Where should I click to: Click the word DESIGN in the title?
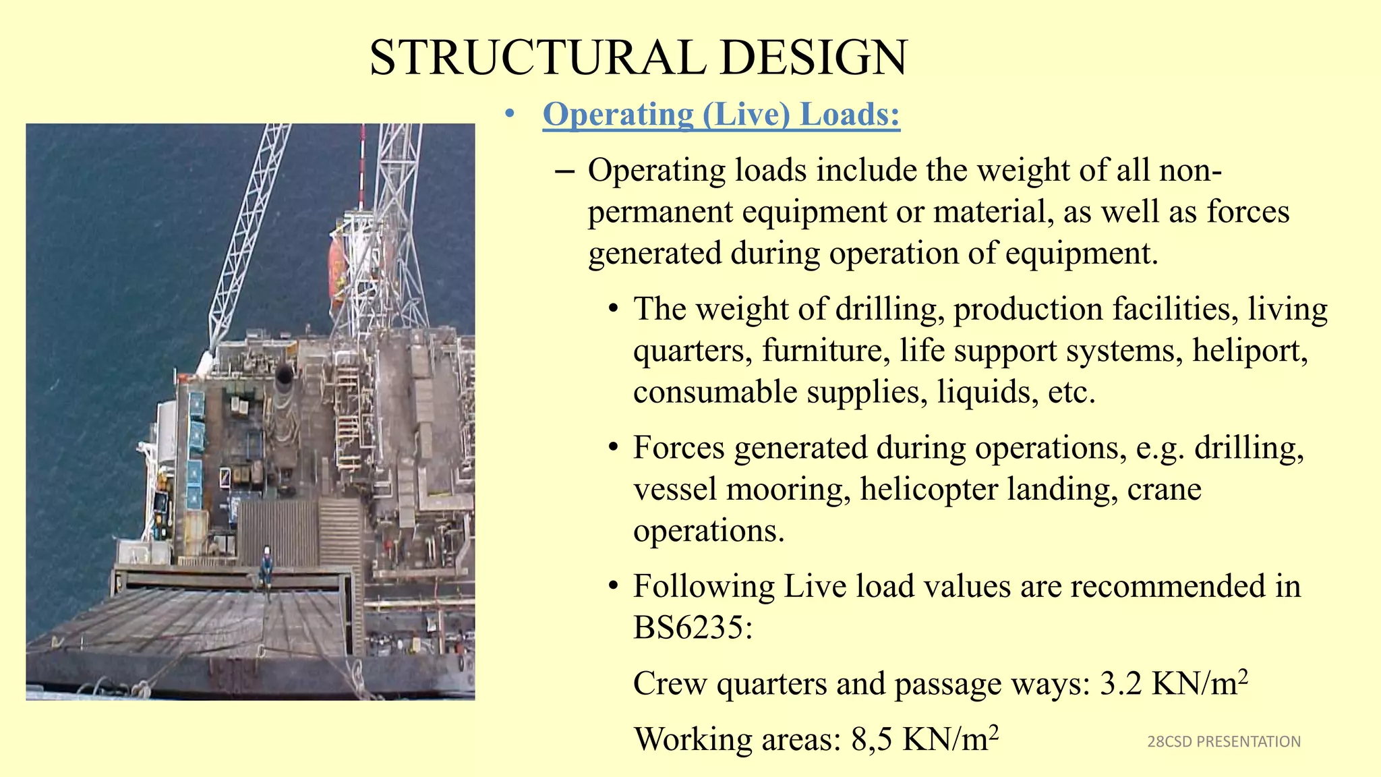[813, 58]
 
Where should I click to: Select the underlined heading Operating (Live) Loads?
[721, 114]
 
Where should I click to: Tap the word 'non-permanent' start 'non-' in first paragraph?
[1190, 171]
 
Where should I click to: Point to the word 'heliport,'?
[1250, 351]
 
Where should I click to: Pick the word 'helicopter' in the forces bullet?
[928, 489]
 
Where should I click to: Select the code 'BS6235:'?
[693, 628]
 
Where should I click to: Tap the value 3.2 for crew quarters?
[1120, 684]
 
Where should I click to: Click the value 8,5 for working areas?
[872, 739]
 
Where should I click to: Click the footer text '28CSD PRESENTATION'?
[1223, 742]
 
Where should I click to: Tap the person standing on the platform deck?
[266, 567]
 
